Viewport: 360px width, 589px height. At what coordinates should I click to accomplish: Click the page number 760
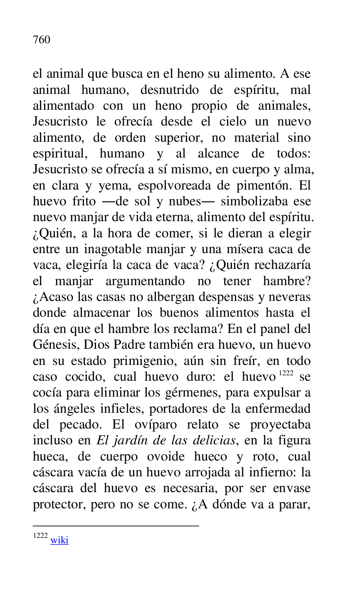pos(41,40)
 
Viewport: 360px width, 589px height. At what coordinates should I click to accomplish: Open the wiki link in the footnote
pos(59,540)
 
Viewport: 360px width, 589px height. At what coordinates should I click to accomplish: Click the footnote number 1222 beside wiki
pos(40,536)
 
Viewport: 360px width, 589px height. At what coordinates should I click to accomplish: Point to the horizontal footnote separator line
pos(116,526)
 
